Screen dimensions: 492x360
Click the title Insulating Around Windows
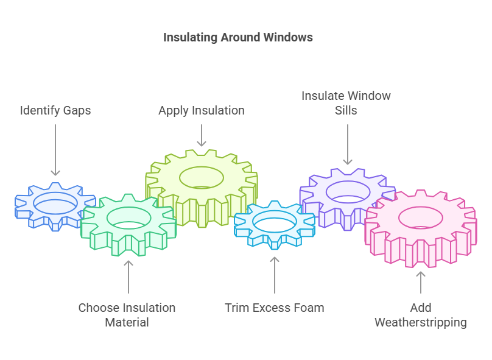click(238, 38)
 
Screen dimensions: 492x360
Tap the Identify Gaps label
click(55, 110)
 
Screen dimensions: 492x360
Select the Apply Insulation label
click(202, 110)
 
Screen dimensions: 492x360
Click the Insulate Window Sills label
click(346, 104)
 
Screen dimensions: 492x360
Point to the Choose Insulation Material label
click(127, 315)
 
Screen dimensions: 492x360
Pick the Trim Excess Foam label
click(274, 308)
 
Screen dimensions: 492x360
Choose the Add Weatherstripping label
click(421, 315)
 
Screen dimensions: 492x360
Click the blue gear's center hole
click(55, 203)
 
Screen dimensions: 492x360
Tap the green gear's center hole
click(129, 217)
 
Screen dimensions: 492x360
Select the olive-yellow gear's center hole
click(202, 177)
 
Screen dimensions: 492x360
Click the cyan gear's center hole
click(275, 221)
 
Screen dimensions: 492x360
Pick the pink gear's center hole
click(420, 217)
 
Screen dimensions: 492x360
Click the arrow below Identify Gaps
click(55, 150)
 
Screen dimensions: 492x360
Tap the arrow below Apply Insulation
click(202, 135)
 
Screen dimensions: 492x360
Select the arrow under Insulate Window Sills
click(348, 144)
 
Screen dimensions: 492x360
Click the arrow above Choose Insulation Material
click(128, 277)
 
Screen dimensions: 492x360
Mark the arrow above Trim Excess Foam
click(275, 275)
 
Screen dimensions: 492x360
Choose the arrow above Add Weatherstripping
click(421, 283)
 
